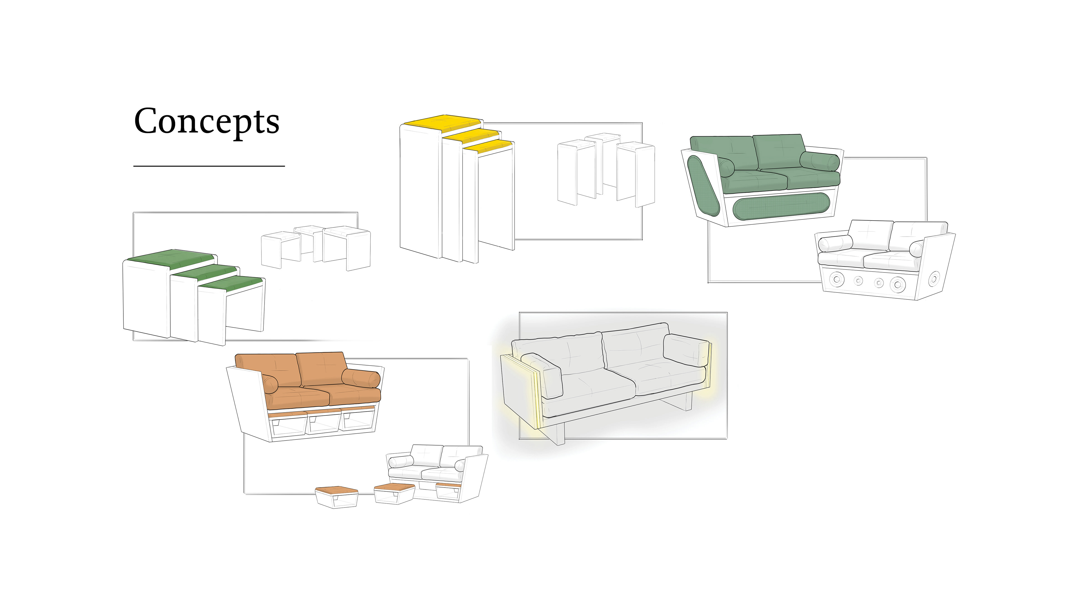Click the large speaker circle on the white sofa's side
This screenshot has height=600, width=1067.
(x=934, y=279)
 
